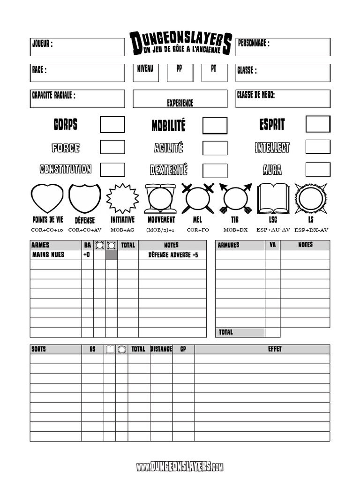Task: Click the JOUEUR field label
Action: click(x=42, y=44)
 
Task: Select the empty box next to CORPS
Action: click(x=112, y=124)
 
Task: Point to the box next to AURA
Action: click(x=318, y=169)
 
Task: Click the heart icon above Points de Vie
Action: click(x=47, y=198)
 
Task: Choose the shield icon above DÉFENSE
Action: click(x=85, y=198)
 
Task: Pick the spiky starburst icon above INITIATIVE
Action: click(x=122, y=198)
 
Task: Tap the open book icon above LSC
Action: click(x=273, y=198)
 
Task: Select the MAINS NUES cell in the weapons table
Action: click(x=48, y=255)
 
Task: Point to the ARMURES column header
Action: click(x=228, y=245)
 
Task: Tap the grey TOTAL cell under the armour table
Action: click(x=240, y=332)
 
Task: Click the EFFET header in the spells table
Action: click(x=262, y=349)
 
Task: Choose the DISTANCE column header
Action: click(x=161, y=349)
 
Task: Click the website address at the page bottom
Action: click(x=180, y=466)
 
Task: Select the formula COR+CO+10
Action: click(x=47, y=230)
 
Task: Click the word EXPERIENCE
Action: click(x=180, y=103)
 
